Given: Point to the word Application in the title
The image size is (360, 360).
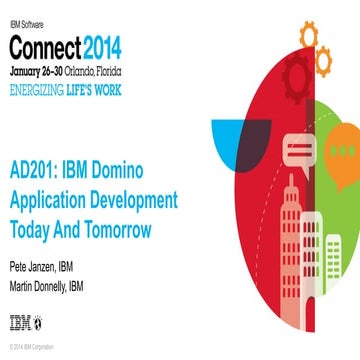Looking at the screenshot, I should tap(46, 198).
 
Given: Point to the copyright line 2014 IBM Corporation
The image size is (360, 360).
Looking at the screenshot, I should tap(35, 346).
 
